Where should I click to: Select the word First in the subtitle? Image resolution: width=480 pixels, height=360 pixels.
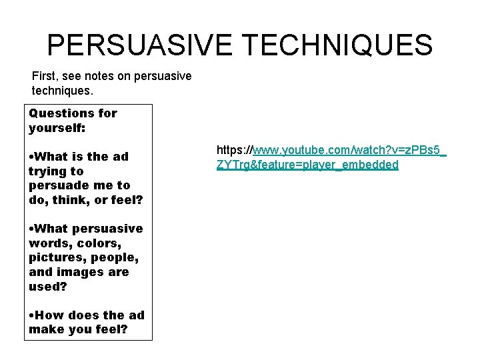44,76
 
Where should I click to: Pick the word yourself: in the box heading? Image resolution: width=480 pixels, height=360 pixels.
56,127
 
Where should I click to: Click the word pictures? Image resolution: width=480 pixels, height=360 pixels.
56,257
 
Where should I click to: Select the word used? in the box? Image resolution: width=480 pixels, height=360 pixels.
47,286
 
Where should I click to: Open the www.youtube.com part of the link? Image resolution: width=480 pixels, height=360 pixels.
293,151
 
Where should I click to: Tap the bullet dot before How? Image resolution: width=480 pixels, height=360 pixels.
31,316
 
